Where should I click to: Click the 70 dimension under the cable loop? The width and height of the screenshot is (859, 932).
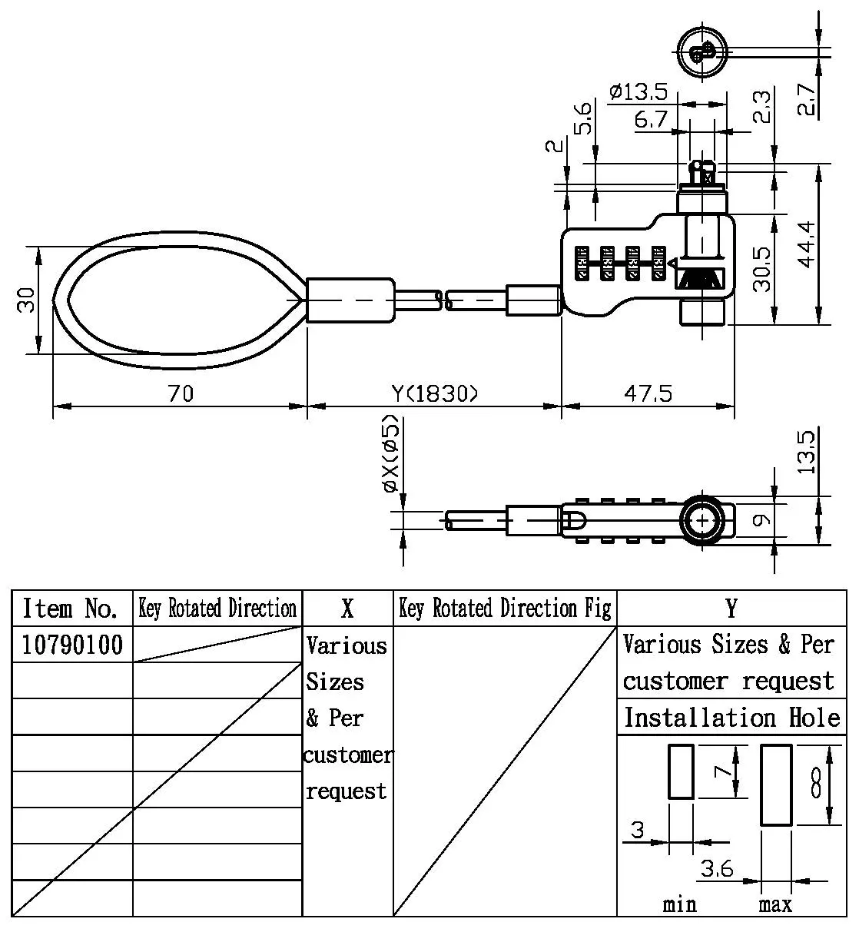click(x=181, y=394)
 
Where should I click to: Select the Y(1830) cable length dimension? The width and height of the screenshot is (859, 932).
click(x=435, y=394)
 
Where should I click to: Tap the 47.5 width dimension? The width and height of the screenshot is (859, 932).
click(x=647, y=394)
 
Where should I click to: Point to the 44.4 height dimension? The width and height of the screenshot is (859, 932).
click(x=804, y=244)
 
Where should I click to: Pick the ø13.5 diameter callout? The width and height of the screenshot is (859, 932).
click(x=638, y=93)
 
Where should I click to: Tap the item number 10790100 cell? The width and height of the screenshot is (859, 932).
click(x=72, y=645)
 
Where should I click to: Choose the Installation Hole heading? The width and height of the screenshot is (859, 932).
click(x=731, y=718)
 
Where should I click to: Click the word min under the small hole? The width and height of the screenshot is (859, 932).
click(x=679, y=904)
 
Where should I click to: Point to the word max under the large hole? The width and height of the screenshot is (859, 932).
click(x=775, y=904)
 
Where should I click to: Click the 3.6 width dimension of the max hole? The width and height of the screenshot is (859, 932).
click(x=717, y=869)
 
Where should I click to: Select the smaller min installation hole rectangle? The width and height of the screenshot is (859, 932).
click(x=681, y=771)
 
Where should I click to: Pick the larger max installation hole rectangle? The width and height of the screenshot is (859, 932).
click(x=776, y=784)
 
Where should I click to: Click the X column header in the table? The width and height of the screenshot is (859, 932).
click(x=347, y=609)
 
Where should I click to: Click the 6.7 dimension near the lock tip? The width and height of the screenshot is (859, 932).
click(x=651, y=119)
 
